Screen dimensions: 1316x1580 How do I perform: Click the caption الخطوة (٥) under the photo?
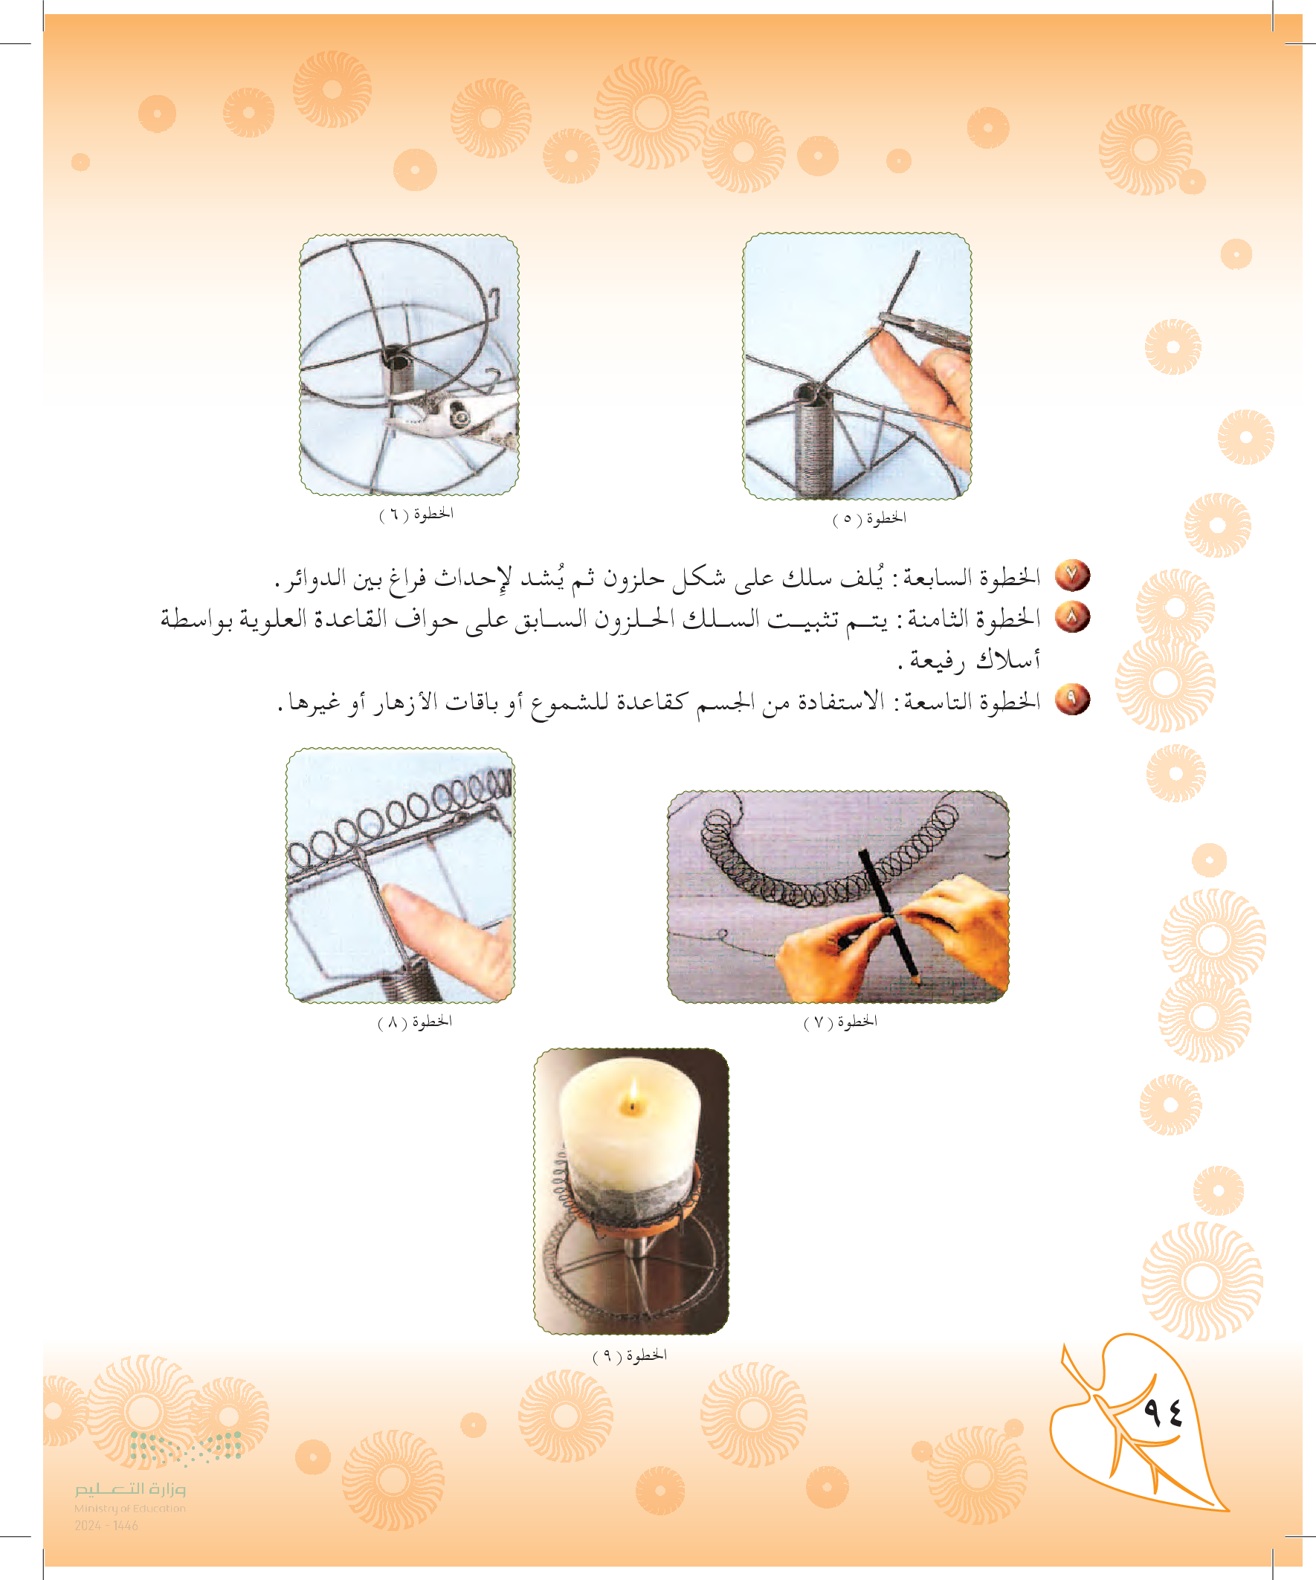click(x=869, y=518)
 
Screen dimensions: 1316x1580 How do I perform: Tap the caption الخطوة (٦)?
click(x=416, y=514)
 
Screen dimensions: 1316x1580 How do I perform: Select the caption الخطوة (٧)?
click(x=840, y=1021)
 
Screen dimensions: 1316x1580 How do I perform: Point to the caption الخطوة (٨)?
click(x=415, y=1021)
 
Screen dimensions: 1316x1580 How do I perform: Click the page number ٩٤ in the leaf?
click(x=1163, y=1412)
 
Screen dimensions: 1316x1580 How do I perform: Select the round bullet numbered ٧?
click(x=1072, y=576)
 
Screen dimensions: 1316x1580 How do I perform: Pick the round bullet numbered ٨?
click(x=1072, y=618)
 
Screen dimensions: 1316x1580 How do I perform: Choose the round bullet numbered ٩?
click(x=1072, y=700)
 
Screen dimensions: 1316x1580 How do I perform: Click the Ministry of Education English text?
click(x=129, y=1509)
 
